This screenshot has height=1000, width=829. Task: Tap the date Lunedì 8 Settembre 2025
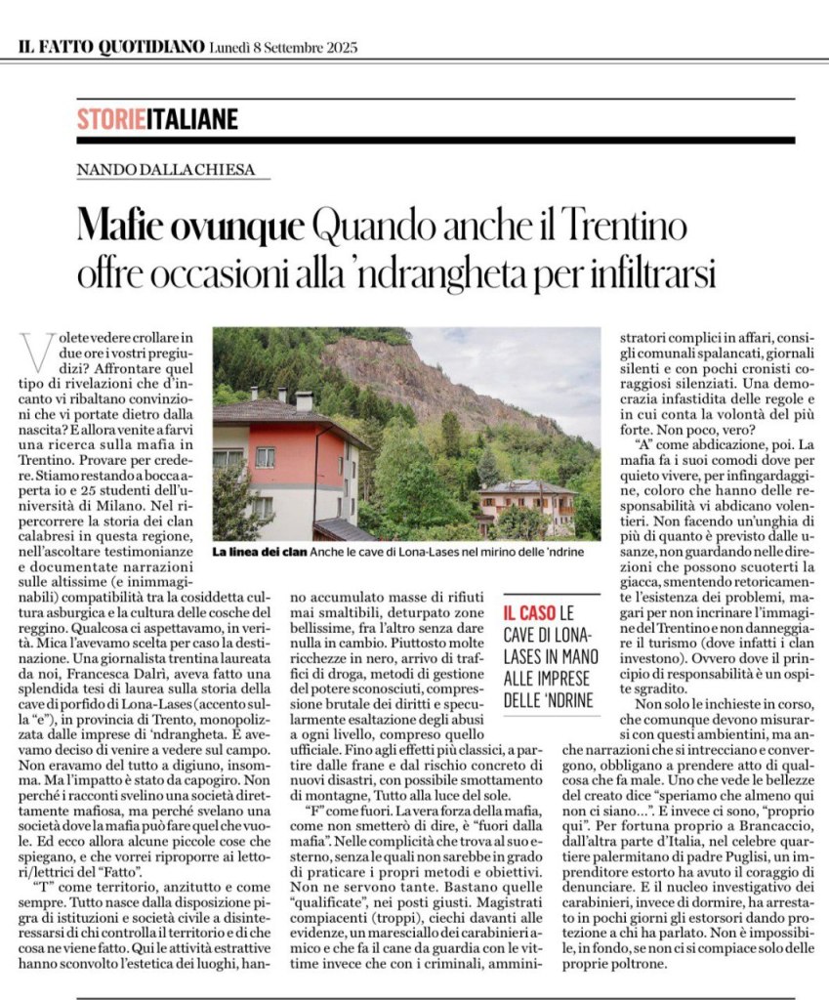click(x=284, y=46)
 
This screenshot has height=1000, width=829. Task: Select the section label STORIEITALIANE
click(x=157, y=119)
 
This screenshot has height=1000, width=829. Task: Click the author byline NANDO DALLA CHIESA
click(x=166, y=170)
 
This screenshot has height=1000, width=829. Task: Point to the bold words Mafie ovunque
click(x=190, y=229)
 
